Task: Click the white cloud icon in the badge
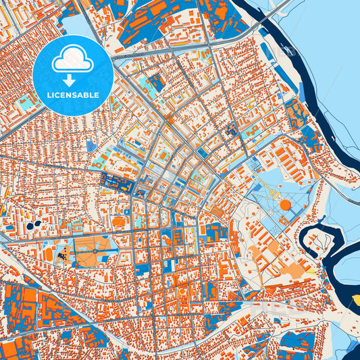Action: tap(73, 60)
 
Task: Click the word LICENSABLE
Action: tap(73, 95)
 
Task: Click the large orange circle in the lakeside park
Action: tap(285, 205)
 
